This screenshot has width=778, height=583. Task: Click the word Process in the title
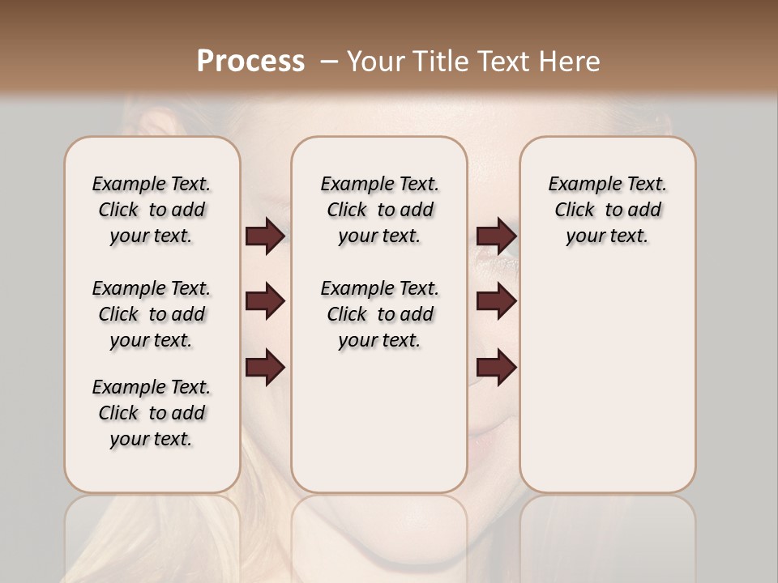coord(250,62)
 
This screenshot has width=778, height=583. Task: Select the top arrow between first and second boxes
coord(265,236)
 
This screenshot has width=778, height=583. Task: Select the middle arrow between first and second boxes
coord(265,302)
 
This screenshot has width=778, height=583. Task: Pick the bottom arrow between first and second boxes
coord(265,368)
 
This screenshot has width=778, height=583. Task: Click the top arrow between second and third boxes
coord(497,236)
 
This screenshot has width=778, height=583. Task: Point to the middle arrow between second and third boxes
coord(497,302)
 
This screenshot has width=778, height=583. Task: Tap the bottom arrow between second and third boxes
coord(497,368)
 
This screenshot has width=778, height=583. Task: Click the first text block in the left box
coord(152,210)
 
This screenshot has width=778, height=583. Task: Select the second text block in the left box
coord(152,314)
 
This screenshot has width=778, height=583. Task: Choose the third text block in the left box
coord(152,413)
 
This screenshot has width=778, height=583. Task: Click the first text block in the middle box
coord(379,210)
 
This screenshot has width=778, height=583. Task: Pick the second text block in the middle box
coord(379,314)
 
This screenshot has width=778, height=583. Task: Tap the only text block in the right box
coord(608,210)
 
